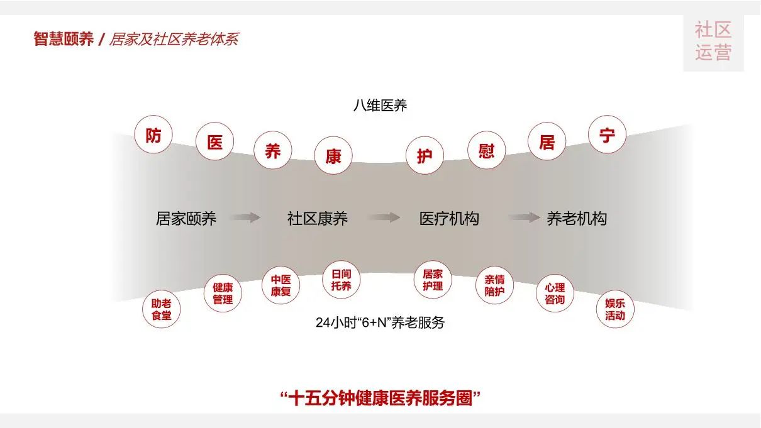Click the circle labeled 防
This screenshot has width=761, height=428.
[153, 134]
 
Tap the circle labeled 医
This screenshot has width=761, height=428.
[215, 141]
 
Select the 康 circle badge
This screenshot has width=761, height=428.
[333, 156]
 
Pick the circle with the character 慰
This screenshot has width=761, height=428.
[486, 150]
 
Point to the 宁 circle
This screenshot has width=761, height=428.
[607, 134]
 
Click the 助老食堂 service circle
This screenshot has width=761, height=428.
[161, 309]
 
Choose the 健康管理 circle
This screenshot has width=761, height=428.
[223, 294]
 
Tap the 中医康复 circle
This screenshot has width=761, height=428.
[281, 285]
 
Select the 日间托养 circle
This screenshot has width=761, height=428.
[342, 280]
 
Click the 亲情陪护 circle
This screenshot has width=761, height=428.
[494, 285]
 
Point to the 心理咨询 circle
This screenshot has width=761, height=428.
[555, 294]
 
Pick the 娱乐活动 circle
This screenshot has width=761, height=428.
[614, 309]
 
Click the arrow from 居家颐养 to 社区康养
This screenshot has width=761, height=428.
[245, 218]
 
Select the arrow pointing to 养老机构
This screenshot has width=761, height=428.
[524, 218]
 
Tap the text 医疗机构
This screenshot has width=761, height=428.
[449, 218]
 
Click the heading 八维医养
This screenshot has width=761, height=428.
[380, 106]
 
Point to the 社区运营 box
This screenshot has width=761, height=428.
[713, 41]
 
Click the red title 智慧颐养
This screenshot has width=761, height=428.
[64, 39]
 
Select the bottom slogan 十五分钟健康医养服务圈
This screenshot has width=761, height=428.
[380, 397]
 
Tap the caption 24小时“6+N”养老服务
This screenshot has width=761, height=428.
[380, 323]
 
